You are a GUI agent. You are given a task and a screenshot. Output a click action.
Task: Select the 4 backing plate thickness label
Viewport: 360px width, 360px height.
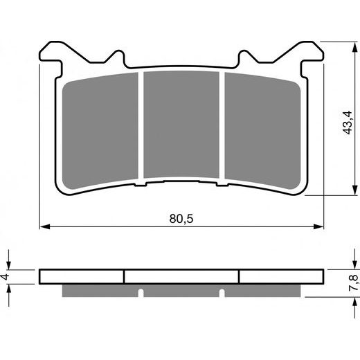(x=6, y=277)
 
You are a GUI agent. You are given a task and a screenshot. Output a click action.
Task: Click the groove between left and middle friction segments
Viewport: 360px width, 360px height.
(x=141, y=128)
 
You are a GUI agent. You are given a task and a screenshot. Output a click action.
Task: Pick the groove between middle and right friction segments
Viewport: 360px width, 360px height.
(x=222, y=128)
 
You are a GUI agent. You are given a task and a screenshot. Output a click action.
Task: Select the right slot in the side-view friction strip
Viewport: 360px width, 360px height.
(x=224, y=291)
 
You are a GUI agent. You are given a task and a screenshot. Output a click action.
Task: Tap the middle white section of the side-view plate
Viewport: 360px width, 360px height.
(x=181, y=276)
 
